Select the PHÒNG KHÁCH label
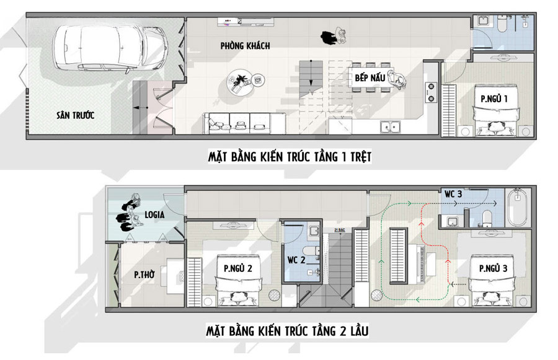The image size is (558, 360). tap(245, 46)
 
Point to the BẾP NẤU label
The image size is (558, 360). tap(370, 78)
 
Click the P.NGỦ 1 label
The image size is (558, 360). tap(494, 98)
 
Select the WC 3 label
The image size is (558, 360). tap(453, 194)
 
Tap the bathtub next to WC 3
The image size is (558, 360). tap(517, 210)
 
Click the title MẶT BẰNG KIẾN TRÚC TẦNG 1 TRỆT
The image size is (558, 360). tap(289, 157)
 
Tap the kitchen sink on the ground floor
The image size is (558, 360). tap(390, 127)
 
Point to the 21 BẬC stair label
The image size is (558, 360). tap(339, 230)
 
